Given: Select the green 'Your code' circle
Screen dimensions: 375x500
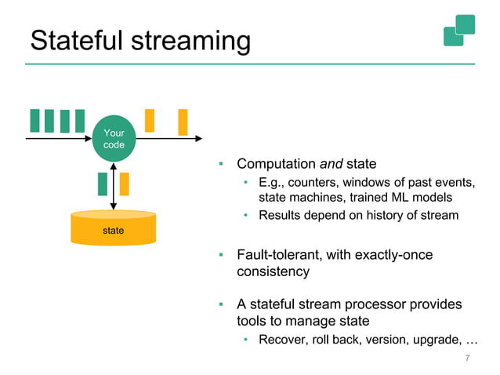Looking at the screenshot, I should click(x=114, y=139).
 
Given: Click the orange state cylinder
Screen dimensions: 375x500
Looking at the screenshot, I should click(x=113, y=228).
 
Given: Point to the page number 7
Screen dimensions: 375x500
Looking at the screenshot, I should click(x=468, y=359).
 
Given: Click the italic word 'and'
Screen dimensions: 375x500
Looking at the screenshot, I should click(x=331, y=164).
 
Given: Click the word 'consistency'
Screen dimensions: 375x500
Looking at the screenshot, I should click(x=273, y=272).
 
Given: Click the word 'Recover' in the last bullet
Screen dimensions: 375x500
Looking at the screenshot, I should click(x=283, y=340).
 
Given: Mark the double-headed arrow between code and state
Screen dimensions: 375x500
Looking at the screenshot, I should click(x=114, y=186).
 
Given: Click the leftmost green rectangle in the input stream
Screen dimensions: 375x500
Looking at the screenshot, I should click(x=34, y=121).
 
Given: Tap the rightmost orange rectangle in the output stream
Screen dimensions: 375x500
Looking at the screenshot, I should click(x=183, y=122).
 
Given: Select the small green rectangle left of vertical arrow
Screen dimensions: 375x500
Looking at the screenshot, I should click(x=103, y=184).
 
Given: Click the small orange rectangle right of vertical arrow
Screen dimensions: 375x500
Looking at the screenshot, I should click(x=124, y=184).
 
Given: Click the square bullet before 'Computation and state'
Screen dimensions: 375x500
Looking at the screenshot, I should click(x=222, y=165).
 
